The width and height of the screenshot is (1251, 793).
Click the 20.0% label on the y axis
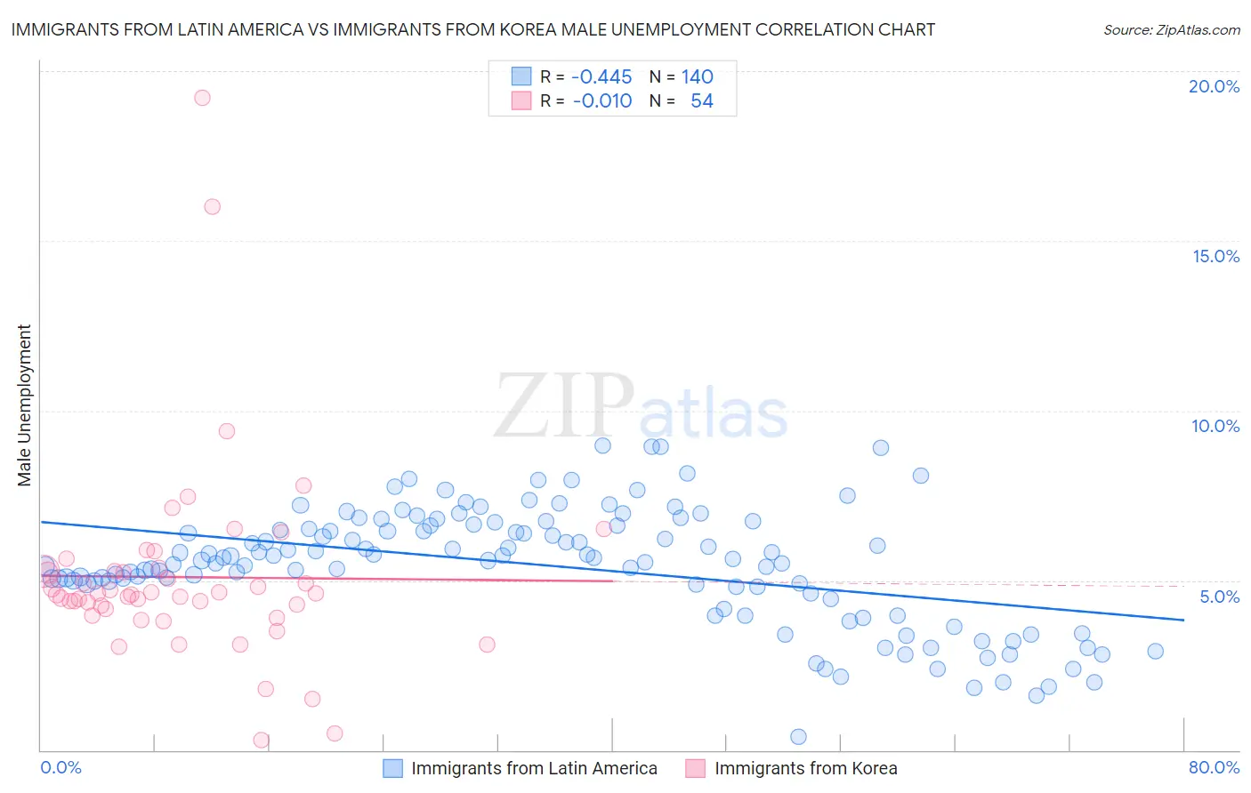pyautogui.click(x=1214, y=86)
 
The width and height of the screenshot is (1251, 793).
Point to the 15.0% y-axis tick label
pyautogui.click(x=1215, y=256)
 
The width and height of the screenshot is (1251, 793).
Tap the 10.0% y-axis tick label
pyautogui.click(x=1215, y=426)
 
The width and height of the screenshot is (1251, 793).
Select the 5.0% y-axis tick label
pyautogui.click(x=1219, y=597)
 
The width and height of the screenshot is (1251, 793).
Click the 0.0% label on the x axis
pyautogui.click(x=61, y=767)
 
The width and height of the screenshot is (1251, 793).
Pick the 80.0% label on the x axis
pyautogui.click(x=1214, y=767)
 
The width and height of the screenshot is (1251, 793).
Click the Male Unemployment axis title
pyautogui.click(x=24, y=405)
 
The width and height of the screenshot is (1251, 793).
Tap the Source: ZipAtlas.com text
pyautogui.click(x=1171, y=30)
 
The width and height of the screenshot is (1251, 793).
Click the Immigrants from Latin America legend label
pyautogui.click(x=534, y=768)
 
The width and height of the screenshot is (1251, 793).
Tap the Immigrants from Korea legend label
pyautogui.click(x=805, y=768)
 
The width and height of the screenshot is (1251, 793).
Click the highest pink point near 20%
pyautogui.click(x=202, y=98)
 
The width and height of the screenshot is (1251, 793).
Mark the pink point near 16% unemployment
pyautogui.click(x=212, y=206)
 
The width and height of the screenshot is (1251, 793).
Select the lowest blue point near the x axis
pyautogui.click(x=798, y=736)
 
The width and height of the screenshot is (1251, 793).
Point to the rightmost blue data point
pyautogui.click(x=1155, y=651)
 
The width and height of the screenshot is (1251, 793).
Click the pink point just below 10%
pyautogui.click(x=227, y=431)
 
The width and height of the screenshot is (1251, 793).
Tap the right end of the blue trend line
pyautogui.click(x=1183, y=620)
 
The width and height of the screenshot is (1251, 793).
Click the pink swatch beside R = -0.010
pyautogui.click(x=521, y=101)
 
